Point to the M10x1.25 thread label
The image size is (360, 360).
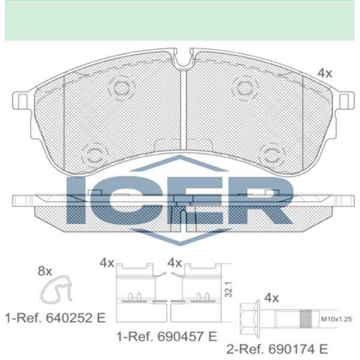(337, 319)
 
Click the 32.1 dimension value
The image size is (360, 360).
(229, 290)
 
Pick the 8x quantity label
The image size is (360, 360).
(45, 271)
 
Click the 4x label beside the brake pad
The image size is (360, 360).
(325, 73)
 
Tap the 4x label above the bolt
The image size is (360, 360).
(271, 298)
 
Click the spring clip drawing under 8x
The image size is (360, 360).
(56, 289)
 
